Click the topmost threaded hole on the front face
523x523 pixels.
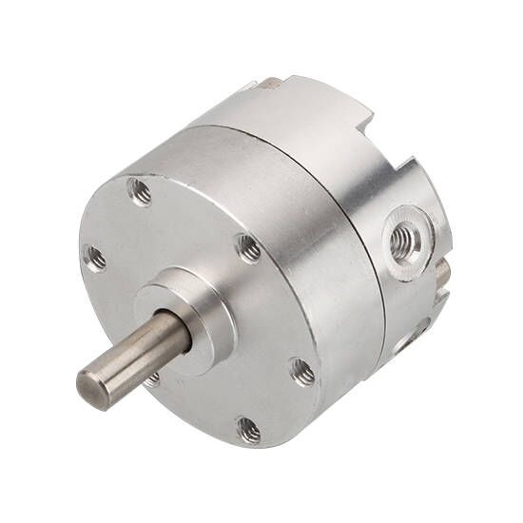(x=140, y=193)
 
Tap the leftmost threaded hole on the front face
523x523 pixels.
(x=95, y=258)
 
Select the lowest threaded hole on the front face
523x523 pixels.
(x=249, y=431)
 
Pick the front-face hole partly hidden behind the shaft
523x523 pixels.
(x=152, y=378)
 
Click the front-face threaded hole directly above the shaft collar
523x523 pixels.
(x=249, y=249)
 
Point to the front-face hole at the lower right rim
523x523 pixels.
(x=302, y=371)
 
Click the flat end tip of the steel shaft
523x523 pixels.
(x=92, y=390)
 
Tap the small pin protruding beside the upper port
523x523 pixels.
(x=443, y=275)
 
